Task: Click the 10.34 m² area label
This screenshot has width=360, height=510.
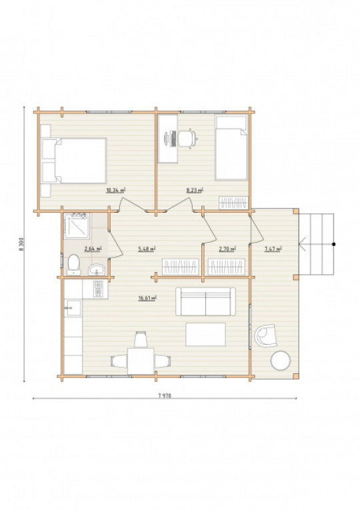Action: (x=116, y=190)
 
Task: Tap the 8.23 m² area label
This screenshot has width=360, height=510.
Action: (x=195, y=190)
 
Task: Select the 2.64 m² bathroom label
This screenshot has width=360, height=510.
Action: (x=93, y=249)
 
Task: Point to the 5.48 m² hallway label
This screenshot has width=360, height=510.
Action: (x=147, y=249)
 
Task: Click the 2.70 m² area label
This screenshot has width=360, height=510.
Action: (x=227, y=249)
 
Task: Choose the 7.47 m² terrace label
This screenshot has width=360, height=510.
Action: (x=273, y=249)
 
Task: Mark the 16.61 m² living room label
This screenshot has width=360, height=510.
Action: (x=147, y=298)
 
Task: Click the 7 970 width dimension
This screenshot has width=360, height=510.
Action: (x=165, y=395)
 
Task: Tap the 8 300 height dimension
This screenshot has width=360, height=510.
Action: (x=21, y=244)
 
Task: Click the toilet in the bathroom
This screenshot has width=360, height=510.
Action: (x=74, y=265)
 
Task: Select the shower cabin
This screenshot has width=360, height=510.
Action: (x=77, y=225)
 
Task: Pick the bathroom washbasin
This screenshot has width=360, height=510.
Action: (x=97, y=269)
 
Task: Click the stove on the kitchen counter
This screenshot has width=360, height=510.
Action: (x=98, y=289)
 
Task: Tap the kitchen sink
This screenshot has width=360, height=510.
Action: (x=73, y=308)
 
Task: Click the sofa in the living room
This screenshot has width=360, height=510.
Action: (x=205, y=301)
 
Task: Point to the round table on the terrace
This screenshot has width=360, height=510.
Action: (x=281, y=361)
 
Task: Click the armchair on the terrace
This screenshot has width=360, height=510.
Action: (x=266, y=335)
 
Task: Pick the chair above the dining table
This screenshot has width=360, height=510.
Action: (x=141, y=339)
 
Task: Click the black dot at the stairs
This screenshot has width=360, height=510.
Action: (x=333, y=244)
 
